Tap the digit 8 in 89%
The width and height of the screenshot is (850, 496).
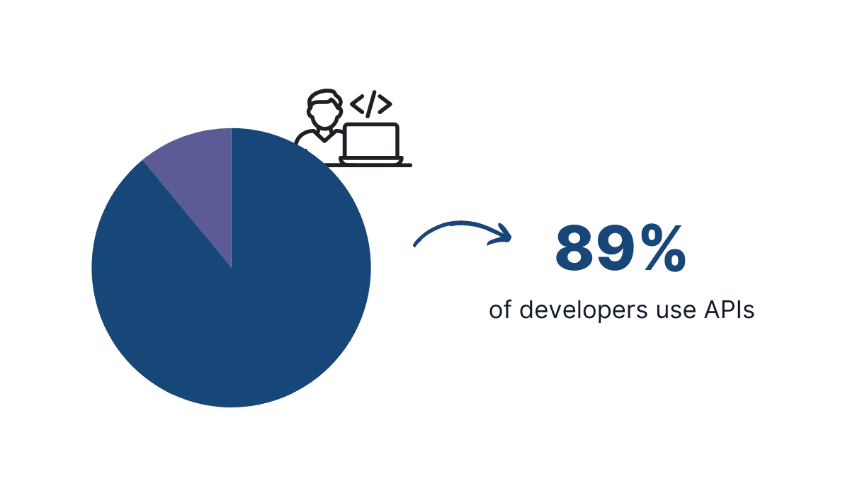pos(578,249)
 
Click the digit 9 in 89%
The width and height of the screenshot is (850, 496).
pos(618,249)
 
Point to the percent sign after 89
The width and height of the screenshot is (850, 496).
pos(664,249)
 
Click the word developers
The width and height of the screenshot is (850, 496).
pos(576,311)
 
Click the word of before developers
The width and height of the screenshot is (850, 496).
pos(500,310)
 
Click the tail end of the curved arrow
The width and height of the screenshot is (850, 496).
pos(416,244)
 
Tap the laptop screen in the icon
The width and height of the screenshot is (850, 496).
pos(370,140)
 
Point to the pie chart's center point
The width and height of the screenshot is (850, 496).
pos(232,268)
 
